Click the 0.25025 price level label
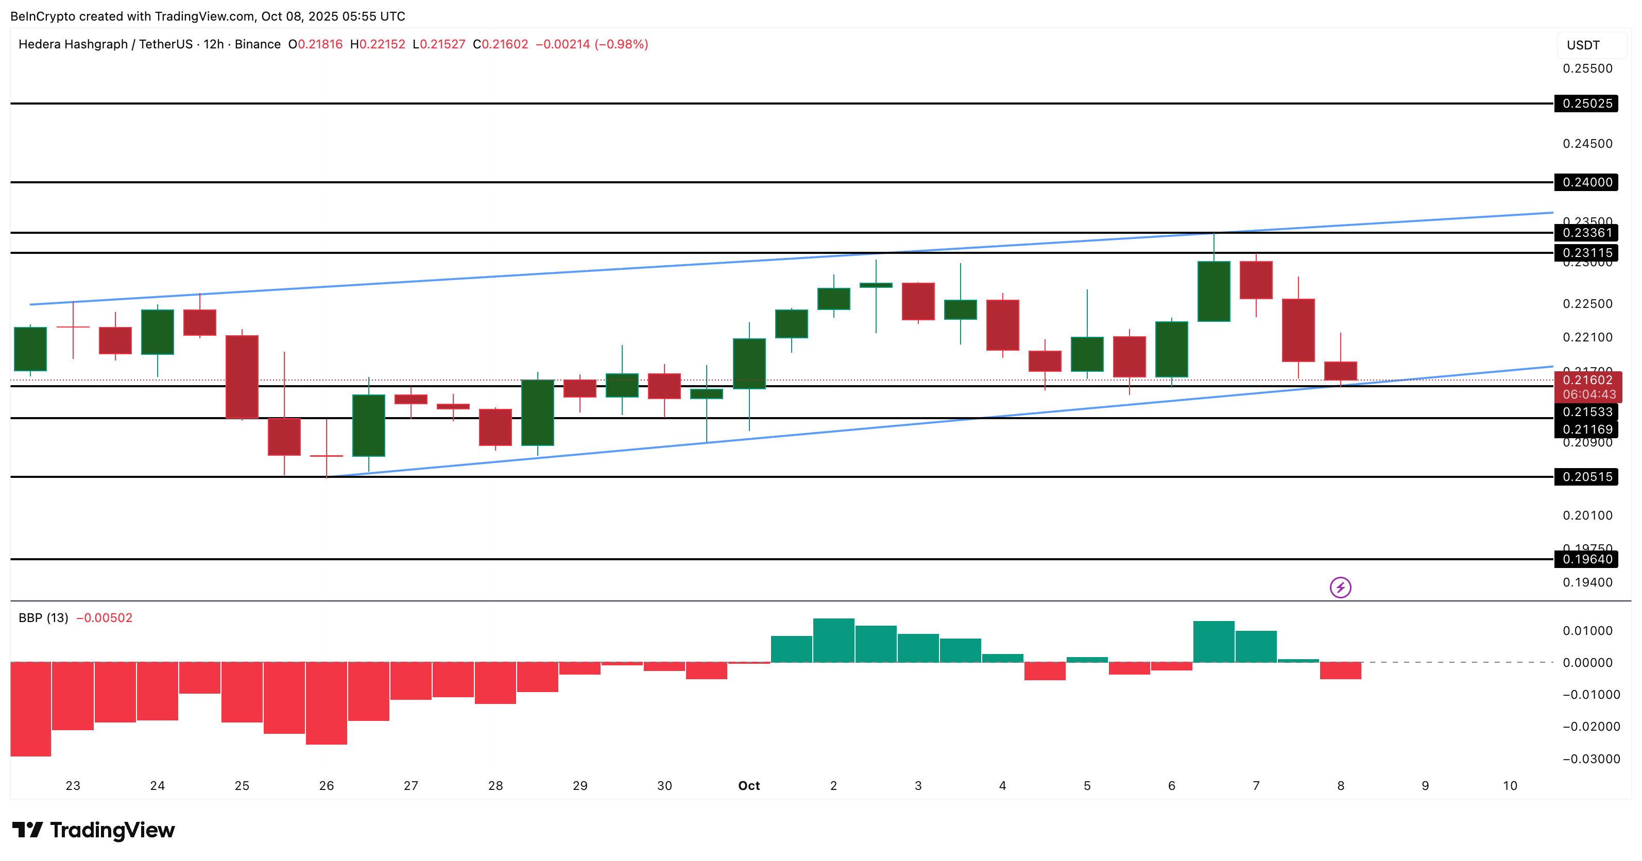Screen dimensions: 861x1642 click(x=1586, y=103)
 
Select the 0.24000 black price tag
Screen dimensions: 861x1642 click(x=1586, y=182)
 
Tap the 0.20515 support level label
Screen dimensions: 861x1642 click(x=1586, y=477)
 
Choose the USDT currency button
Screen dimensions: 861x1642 click(x=1583, y=45)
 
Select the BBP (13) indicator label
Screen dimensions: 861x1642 click(x=43, y=617)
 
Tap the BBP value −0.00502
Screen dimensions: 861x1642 click(x=104, y=617)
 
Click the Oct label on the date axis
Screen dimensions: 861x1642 click(x=749, y=786)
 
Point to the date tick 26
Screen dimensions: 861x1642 click(x=327, y=786)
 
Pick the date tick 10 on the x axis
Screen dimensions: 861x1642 click(x=1510, y=786)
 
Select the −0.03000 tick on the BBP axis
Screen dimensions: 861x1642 click(x=1591, y=759)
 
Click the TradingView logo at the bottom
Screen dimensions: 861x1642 click(x=93, y=830)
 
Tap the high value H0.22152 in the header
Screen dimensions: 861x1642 click(x=378, y=44)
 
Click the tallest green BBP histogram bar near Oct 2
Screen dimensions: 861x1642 click(x=833, y=640)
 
